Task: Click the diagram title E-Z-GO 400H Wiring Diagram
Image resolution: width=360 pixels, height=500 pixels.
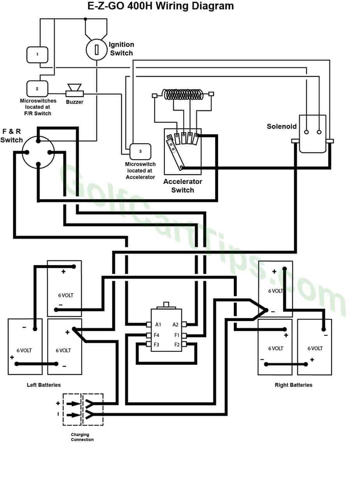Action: pos(161,6)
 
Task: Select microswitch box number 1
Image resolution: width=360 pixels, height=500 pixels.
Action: pos(37,55)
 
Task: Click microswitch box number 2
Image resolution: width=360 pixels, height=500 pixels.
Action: pos(37,88)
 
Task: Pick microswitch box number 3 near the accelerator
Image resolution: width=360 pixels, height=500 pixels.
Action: pos(140,151)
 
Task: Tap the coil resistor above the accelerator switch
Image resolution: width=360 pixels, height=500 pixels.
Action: pos(183,95)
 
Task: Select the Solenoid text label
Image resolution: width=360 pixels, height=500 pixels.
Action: pos(282,126)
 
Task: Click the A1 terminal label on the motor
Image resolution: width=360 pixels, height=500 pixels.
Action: pos(158,325)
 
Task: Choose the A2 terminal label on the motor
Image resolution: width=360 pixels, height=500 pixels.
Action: pos(176,325)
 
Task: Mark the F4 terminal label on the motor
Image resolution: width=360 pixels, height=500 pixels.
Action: pos(157,335)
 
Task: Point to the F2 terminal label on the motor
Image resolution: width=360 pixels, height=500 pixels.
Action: pos(177,345)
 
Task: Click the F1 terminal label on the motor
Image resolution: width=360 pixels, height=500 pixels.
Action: pos(177,335)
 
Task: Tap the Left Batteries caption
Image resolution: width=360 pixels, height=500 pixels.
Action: pos(44,385)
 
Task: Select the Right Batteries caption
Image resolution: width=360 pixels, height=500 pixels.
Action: pos(293,385)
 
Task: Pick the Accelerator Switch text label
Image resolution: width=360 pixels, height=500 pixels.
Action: pos(183,186)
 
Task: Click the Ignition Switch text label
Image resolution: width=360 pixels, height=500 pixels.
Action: pos(122,49)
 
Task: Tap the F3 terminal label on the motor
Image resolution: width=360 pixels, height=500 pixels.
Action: pos(157,345)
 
